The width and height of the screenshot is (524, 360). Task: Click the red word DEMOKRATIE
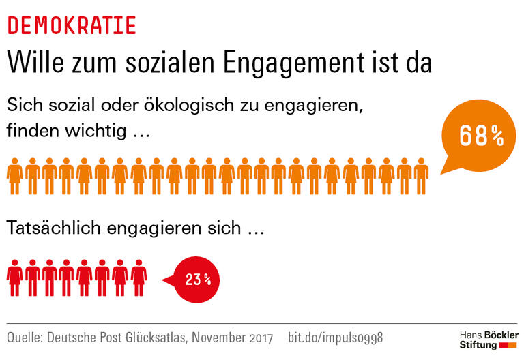pyautogui.click(x=72, y=25)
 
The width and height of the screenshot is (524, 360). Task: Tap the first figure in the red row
pyautogui.click(x=14, y=278)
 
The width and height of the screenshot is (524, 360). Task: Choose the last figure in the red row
pyautogui.click(x=139, y=278)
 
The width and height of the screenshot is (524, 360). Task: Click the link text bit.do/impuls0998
pyautogui.click(x=336, y=337)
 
